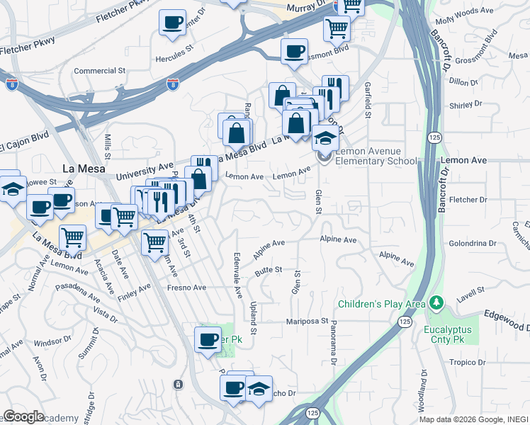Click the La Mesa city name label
point(84,169)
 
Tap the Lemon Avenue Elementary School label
point(376,156)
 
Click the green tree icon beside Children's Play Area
point(437,304)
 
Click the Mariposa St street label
point(308,321)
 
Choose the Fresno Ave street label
point(186,288)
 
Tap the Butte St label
point(269,270)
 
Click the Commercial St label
point(99,71)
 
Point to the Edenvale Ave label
point(239,276)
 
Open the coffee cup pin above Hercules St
point(172,23)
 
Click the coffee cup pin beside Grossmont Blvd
point(294,51)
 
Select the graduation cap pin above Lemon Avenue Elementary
point(325,136)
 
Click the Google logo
point(23,416)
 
